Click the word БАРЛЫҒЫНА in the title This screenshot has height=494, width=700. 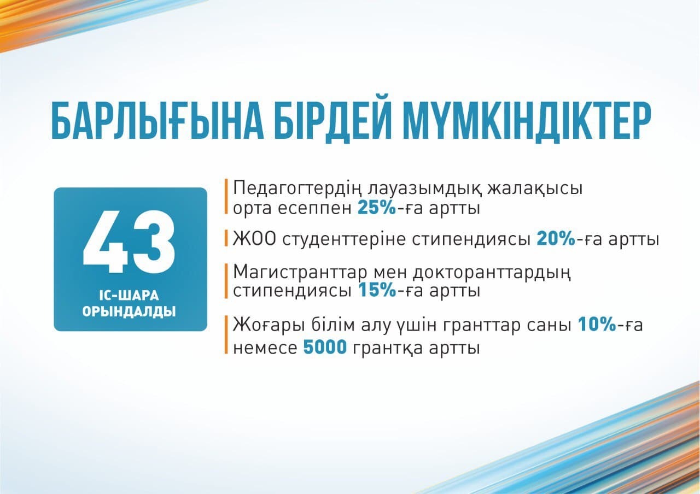[x=157, y=122]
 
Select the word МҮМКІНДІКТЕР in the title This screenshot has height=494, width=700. [x=527, y=122]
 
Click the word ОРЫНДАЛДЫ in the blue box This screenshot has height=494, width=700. [x=129, y=311]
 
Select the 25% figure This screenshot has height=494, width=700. [x=377, y=208]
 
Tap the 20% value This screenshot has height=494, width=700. [x=556, y=239]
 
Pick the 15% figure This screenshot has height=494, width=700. [x=377, y=290]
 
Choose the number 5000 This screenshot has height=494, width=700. [x=325, y=347]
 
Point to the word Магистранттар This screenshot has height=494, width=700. [x=300, y=273]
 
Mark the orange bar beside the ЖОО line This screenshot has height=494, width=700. [x=226, y=238]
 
